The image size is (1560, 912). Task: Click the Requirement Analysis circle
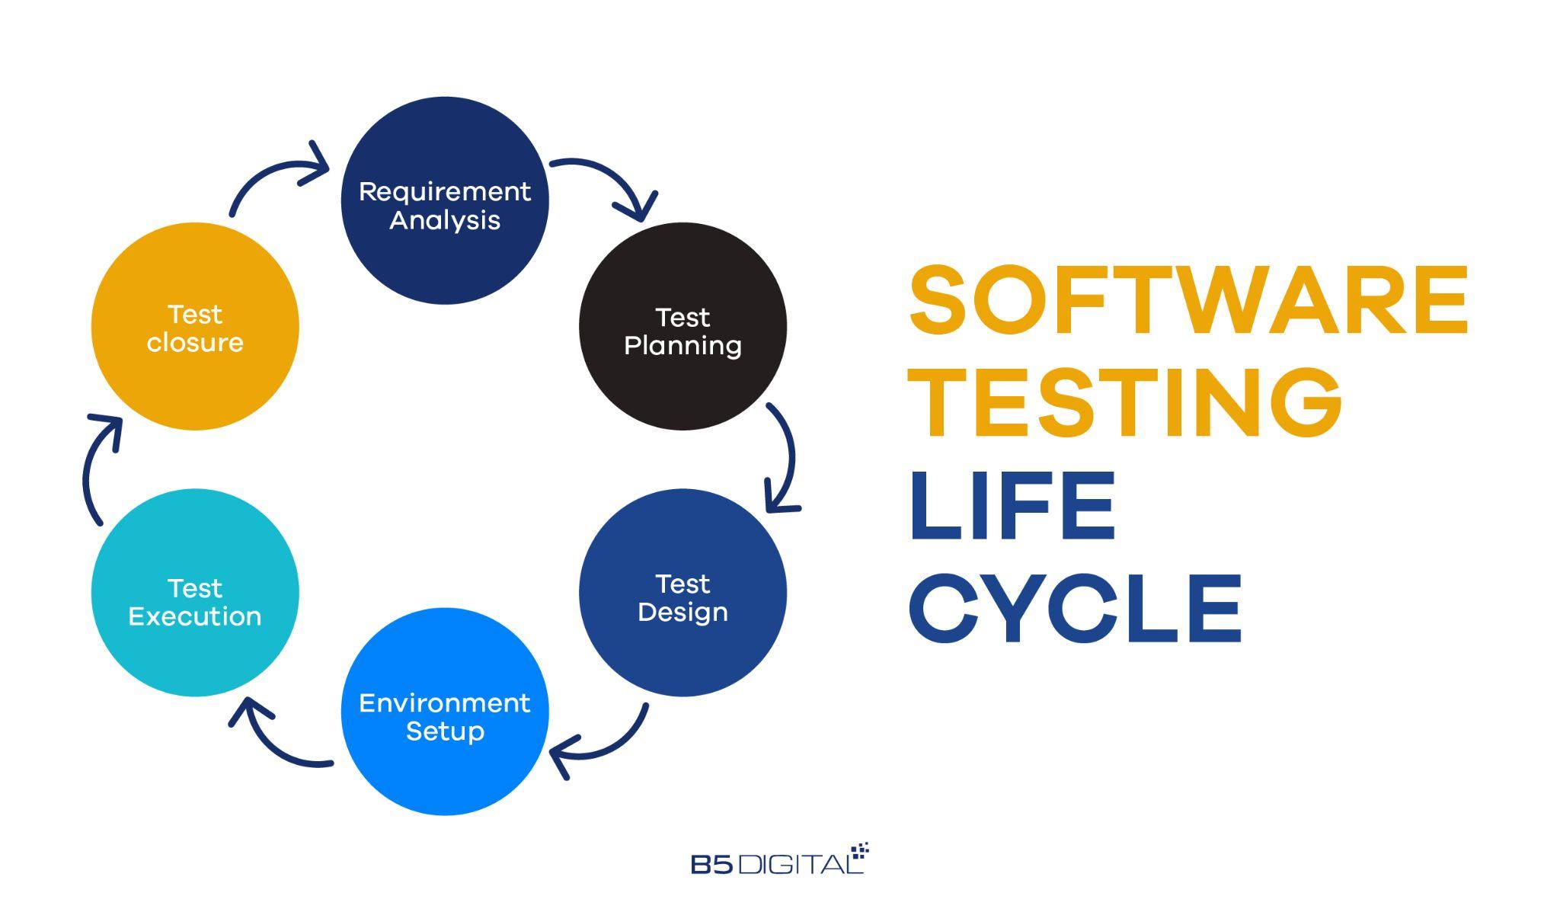pyautogui.click(x=445, y=200)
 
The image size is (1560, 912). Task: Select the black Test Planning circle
pyautogui.click(x=682, y=326)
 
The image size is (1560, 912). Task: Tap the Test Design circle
pyautogui.click(x=682, y=592)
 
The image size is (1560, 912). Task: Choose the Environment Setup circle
pyautogui.click(x=445, y=711)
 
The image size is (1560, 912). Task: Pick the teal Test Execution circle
pyautogui.click(x=195, y=592)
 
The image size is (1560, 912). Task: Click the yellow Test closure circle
pyautogui.click(x=195, y=326)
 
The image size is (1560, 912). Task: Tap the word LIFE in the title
pyautogui.click(x=1012, y=505)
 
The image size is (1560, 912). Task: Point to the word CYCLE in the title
pyautogui.click(x=1076, y=609)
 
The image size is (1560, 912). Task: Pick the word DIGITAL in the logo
pyautogui.click(x=801, y=864)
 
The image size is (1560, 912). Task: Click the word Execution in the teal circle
pyautogui.click(x=195, y=616)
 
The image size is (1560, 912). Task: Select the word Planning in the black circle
pyautogui.click(x=682, y=346)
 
